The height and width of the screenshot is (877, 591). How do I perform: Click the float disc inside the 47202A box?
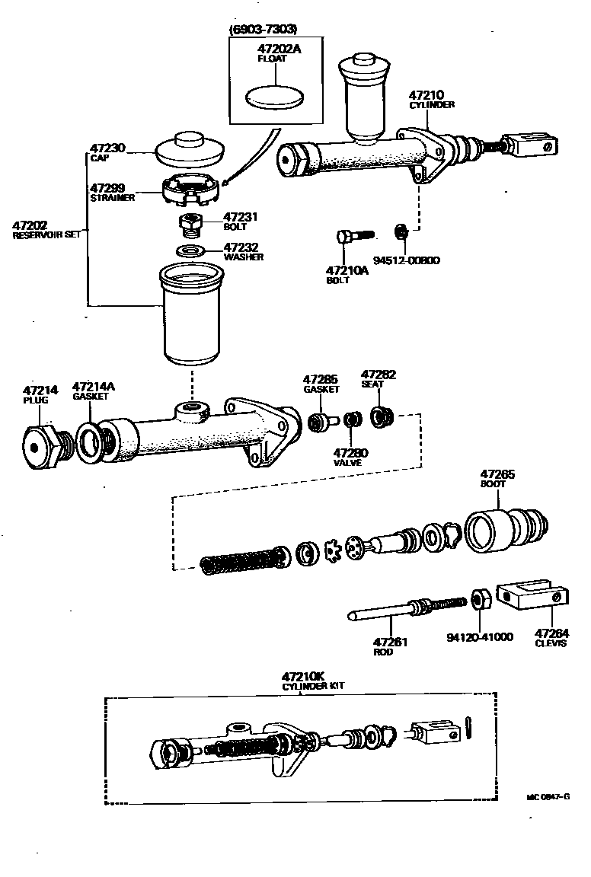(x=275, y=97)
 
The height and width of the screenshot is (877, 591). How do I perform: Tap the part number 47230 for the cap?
(x=107, y=148)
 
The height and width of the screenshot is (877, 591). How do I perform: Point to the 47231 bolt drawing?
(x=190, y=226)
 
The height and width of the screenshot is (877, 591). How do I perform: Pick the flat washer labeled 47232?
(x=190, y=251)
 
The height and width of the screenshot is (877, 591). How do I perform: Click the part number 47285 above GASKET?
(x=319, y=379)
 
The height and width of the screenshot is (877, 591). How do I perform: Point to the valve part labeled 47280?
(x=351, y=419)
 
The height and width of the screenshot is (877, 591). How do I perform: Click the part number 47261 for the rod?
(x=390, y=642)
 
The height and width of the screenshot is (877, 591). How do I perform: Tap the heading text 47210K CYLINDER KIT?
(x=312, y=680)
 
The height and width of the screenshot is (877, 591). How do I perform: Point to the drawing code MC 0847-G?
(x=547, y=796)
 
